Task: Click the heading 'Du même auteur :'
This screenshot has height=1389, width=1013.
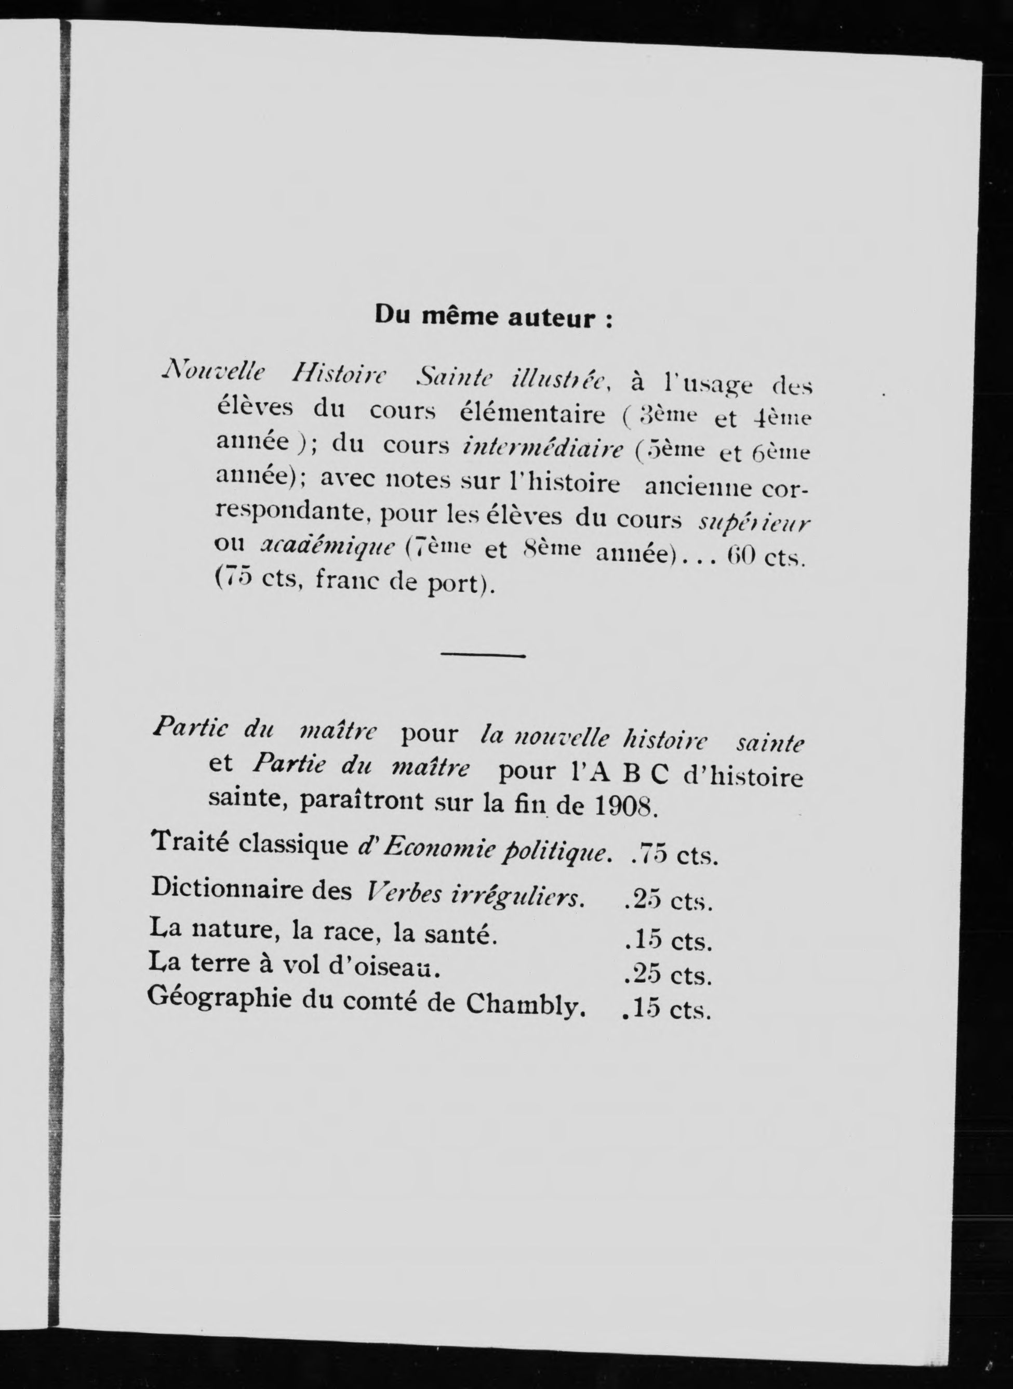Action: coord(493,318)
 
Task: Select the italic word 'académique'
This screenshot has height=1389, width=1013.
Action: coord(329,546)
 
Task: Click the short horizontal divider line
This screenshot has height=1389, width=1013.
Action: coord(483,656)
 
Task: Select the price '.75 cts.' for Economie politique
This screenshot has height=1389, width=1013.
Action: coord(673,855)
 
